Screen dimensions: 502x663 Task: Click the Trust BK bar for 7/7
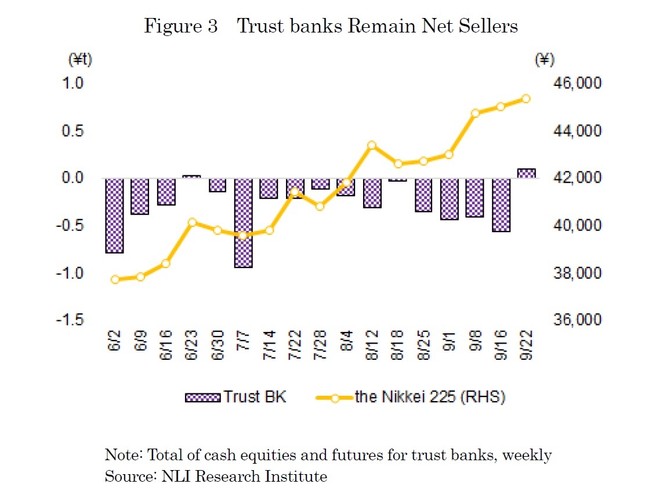point(243,223)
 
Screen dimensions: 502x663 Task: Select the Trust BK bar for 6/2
point(114,215)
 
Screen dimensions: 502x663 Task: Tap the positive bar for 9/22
point(526,173)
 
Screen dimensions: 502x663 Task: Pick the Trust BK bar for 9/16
point(501,205)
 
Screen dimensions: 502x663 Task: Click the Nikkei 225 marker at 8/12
point(372,145)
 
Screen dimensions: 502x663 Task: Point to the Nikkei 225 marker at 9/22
point(526,99)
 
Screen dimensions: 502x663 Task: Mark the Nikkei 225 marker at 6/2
point(114,279)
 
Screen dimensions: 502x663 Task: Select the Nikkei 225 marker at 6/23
point(192,222)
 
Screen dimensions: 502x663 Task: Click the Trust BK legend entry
point(235,397)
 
